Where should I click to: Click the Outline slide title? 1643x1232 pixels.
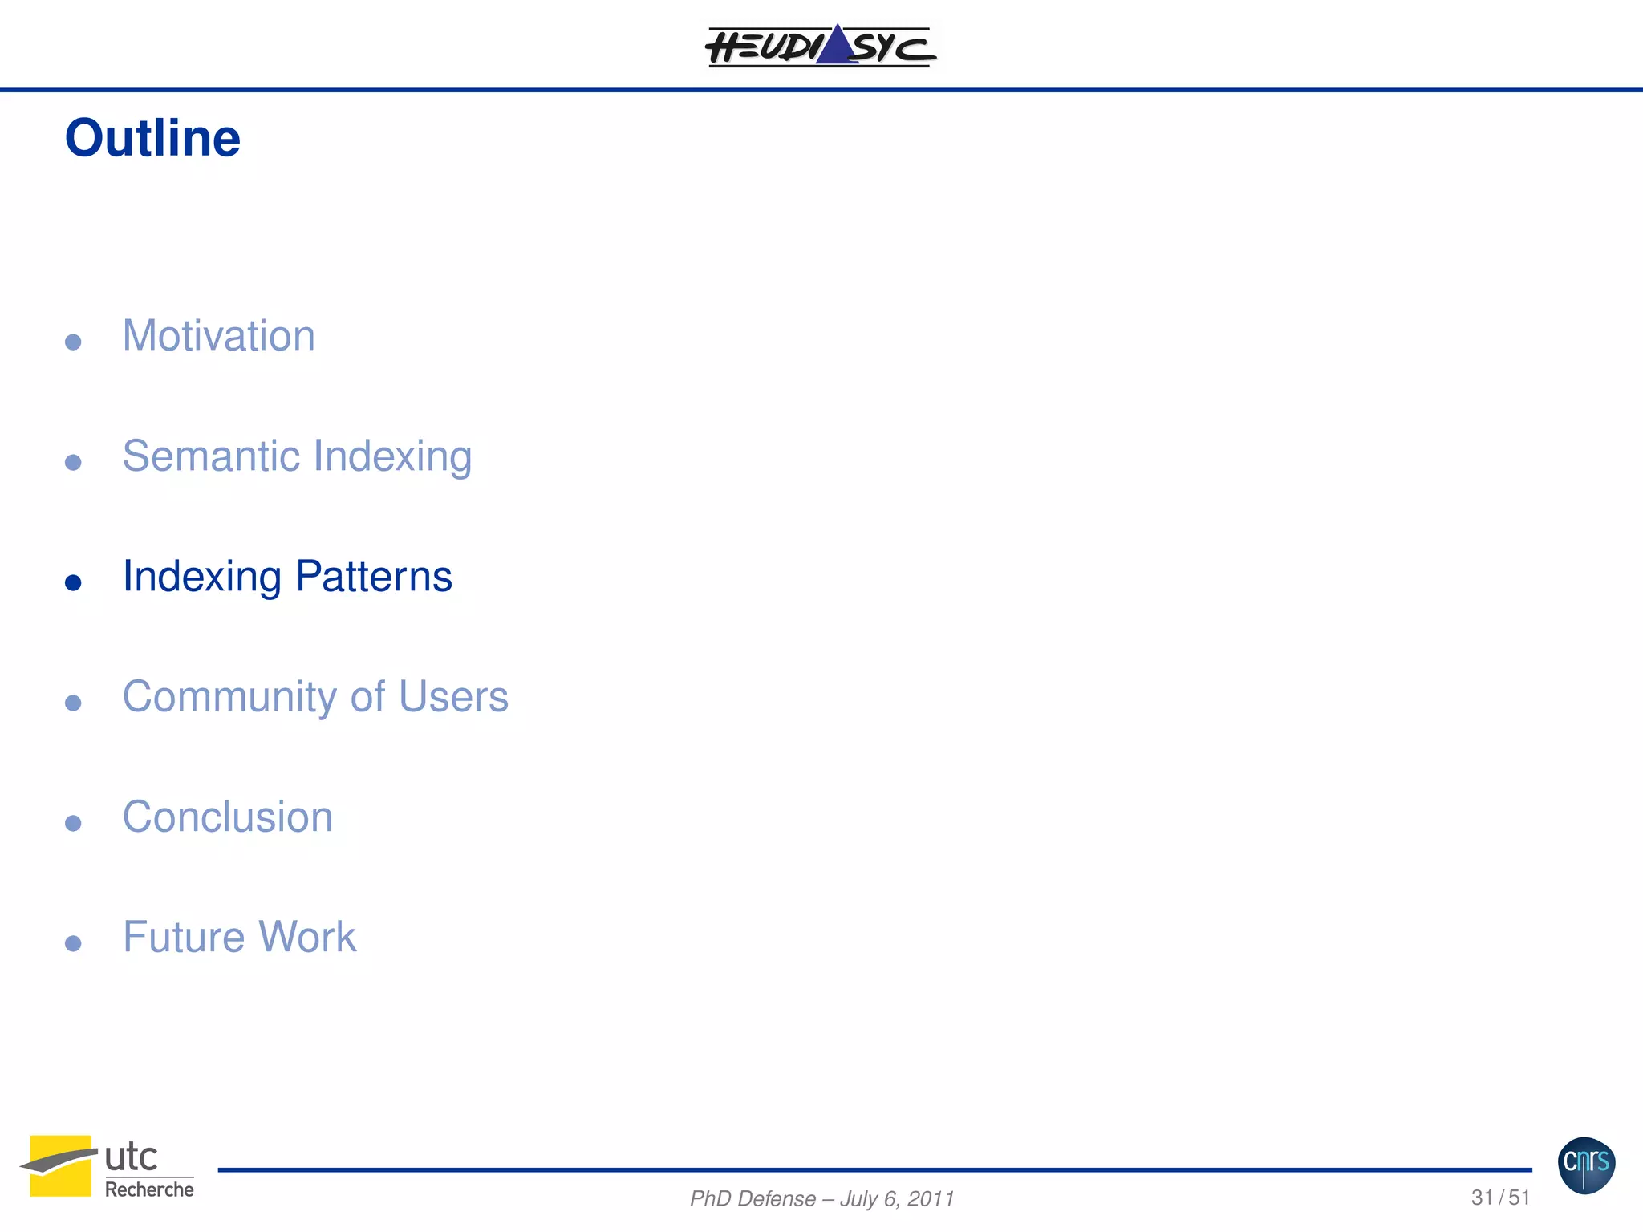(152, 139)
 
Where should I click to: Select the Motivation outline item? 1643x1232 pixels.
(218, 336)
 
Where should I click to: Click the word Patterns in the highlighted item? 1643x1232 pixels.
(374, 577)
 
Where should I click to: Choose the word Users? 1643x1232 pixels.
(453, 697)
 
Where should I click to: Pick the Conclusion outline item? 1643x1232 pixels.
(227, 817)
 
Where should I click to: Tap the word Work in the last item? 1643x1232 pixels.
(307, 938)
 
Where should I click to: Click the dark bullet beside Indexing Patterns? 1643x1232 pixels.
(73, 582)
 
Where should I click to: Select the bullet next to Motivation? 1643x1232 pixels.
(73, 342)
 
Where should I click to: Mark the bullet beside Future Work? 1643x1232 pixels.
(73, 943)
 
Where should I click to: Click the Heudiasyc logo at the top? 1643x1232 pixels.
(821, 47)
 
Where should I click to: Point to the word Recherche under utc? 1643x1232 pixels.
(149, 1190)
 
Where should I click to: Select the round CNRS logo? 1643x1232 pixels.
(1586, 1165)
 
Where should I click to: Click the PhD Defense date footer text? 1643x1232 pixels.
(821, 1198)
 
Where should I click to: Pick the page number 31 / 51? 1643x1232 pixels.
(1500, 1198)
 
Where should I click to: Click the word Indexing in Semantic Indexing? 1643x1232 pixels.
(392, 456)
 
